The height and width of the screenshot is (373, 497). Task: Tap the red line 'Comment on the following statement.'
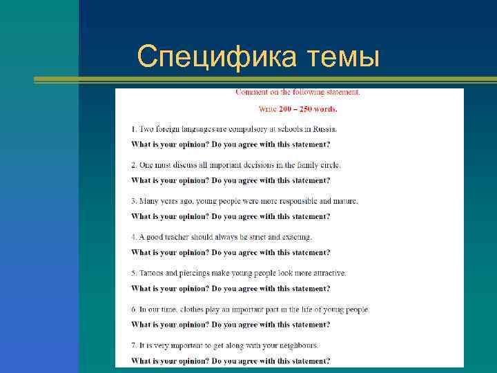pos(298,92)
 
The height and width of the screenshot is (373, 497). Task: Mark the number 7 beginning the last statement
pos(133,345)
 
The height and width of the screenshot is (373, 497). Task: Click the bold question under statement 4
pos(231,252)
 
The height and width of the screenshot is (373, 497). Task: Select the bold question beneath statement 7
pos(231,361)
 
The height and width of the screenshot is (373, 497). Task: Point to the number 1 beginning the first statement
pos(133,129)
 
